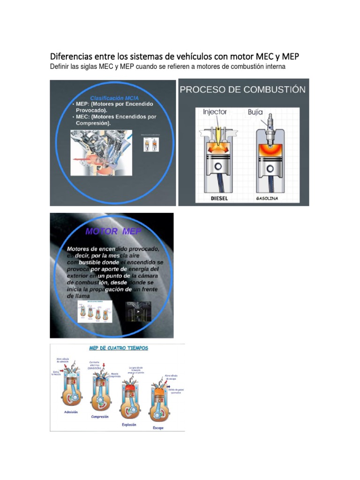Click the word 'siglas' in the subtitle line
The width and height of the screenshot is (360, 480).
(x=96, y=67)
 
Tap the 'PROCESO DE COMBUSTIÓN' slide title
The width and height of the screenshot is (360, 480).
(x=243, y=90)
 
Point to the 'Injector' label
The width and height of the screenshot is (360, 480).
(x=215, y=112)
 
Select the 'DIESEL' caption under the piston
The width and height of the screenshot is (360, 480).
(x=219, y=198)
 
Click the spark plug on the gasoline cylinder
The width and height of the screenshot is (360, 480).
(x=269, y=126)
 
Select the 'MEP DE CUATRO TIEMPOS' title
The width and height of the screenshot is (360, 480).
(x=119, y=348)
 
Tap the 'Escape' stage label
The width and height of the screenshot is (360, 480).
(x=158, y=427)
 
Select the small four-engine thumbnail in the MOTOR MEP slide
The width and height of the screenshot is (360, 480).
(x=96, y=311)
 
